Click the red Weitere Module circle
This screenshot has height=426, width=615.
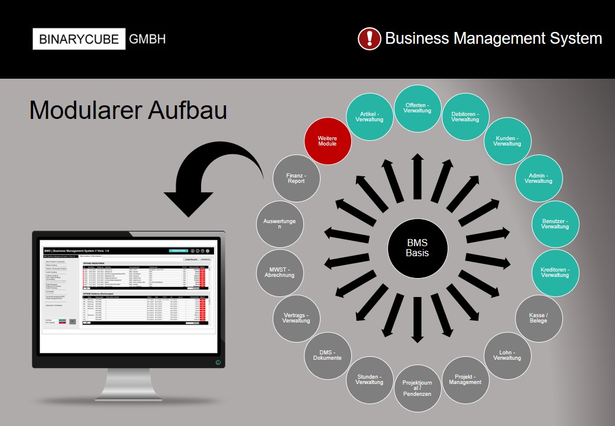tap(327, 141)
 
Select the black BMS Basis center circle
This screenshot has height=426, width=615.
tap(417, 248)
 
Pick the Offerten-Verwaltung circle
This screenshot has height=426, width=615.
tap(417, 108)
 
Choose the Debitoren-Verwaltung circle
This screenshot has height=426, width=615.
tap(465, 116)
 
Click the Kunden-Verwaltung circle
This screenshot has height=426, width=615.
tap(507, 141)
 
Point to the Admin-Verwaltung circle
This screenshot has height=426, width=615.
tap(538, 178)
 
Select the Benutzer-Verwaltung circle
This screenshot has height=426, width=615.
tap(555, 224)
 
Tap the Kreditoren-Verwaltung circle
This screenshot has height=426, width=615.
tap(555, 272)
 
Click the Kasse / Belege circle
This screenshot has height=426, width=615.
tap(538, 318)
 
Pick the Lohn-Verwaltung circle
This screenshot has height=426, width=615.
tap(507, 355)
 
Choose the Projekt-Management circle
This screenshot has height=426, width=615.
tap(465, 379)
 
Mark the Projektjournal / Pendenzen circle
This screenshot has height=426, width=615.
tap(417, 388)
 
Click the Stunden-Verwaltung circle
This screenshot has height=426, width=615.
tap(370, 379)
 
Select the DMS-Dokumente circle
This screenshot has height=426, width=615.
tap(327, 355)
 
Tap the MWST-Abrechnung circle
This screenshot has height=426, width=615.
tap(280, 272)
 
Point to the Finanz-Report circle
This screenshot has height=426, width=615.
tap(296, 178)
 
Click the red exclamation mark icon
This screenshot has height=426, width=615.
tap(370, 38)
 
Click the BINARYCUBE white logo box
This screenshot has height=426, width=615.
tap(79, 39)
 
